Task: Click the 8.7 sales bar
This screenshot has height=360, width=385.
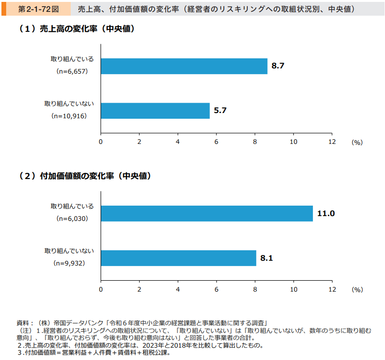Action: click(184, 66)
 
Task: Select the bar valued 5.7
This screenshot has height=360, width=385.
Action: click(155, 111)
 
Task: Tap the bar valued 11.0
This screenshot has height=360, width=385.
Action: click(207, 213)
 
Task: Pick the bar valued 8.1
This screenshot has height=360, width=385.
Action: click(178, 258)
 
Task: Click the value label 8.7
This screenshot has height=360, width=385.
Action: click(278, 66)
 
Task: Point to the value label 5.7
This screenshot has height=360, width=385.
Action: click(220, 111)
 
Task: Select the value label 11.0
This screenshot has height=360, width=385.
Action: click(326, 213)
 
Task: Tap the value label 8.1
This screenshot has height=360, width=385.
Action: click(267, 258)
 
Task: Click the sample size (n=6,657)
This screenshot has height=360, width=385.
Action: click(72, 72)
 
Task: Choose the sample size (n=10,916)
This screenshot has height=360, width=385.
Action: click(70, 116)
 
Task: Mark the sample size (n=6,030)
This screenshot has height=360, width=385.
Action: click(72, 219)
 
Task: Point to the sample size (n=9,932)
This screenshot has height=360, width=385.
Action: click(70, 263)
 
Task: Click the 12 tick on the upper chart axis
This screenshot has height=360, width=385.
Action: click(332, 142)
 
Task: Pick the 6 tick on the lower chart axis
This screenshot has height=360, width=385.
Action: click(216, 289)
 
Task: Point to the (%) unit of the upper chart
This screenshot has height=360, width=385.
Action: click(357, 142)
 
